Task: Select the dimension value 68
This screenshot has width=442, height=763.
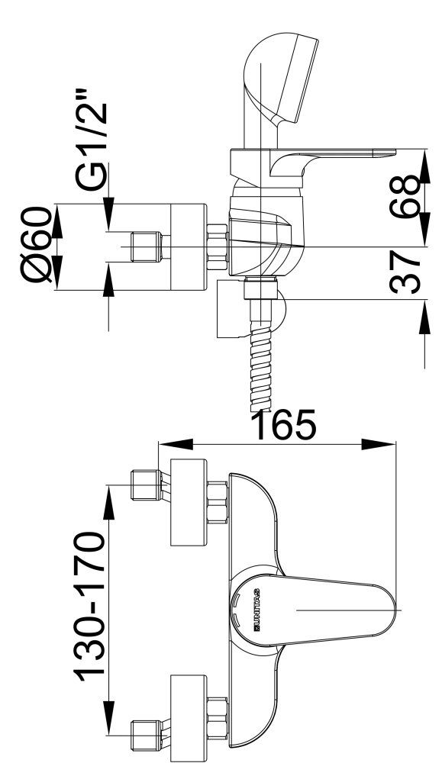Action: [x=405, y=197]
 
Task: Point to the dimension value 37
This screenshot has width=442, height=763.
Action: [x=405, y=272]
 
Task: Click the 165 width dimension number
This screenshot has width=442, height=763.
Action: [x=286, y=423]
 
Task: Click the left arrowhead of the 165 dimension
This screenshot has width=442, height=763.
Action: [x=176, y=444]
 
